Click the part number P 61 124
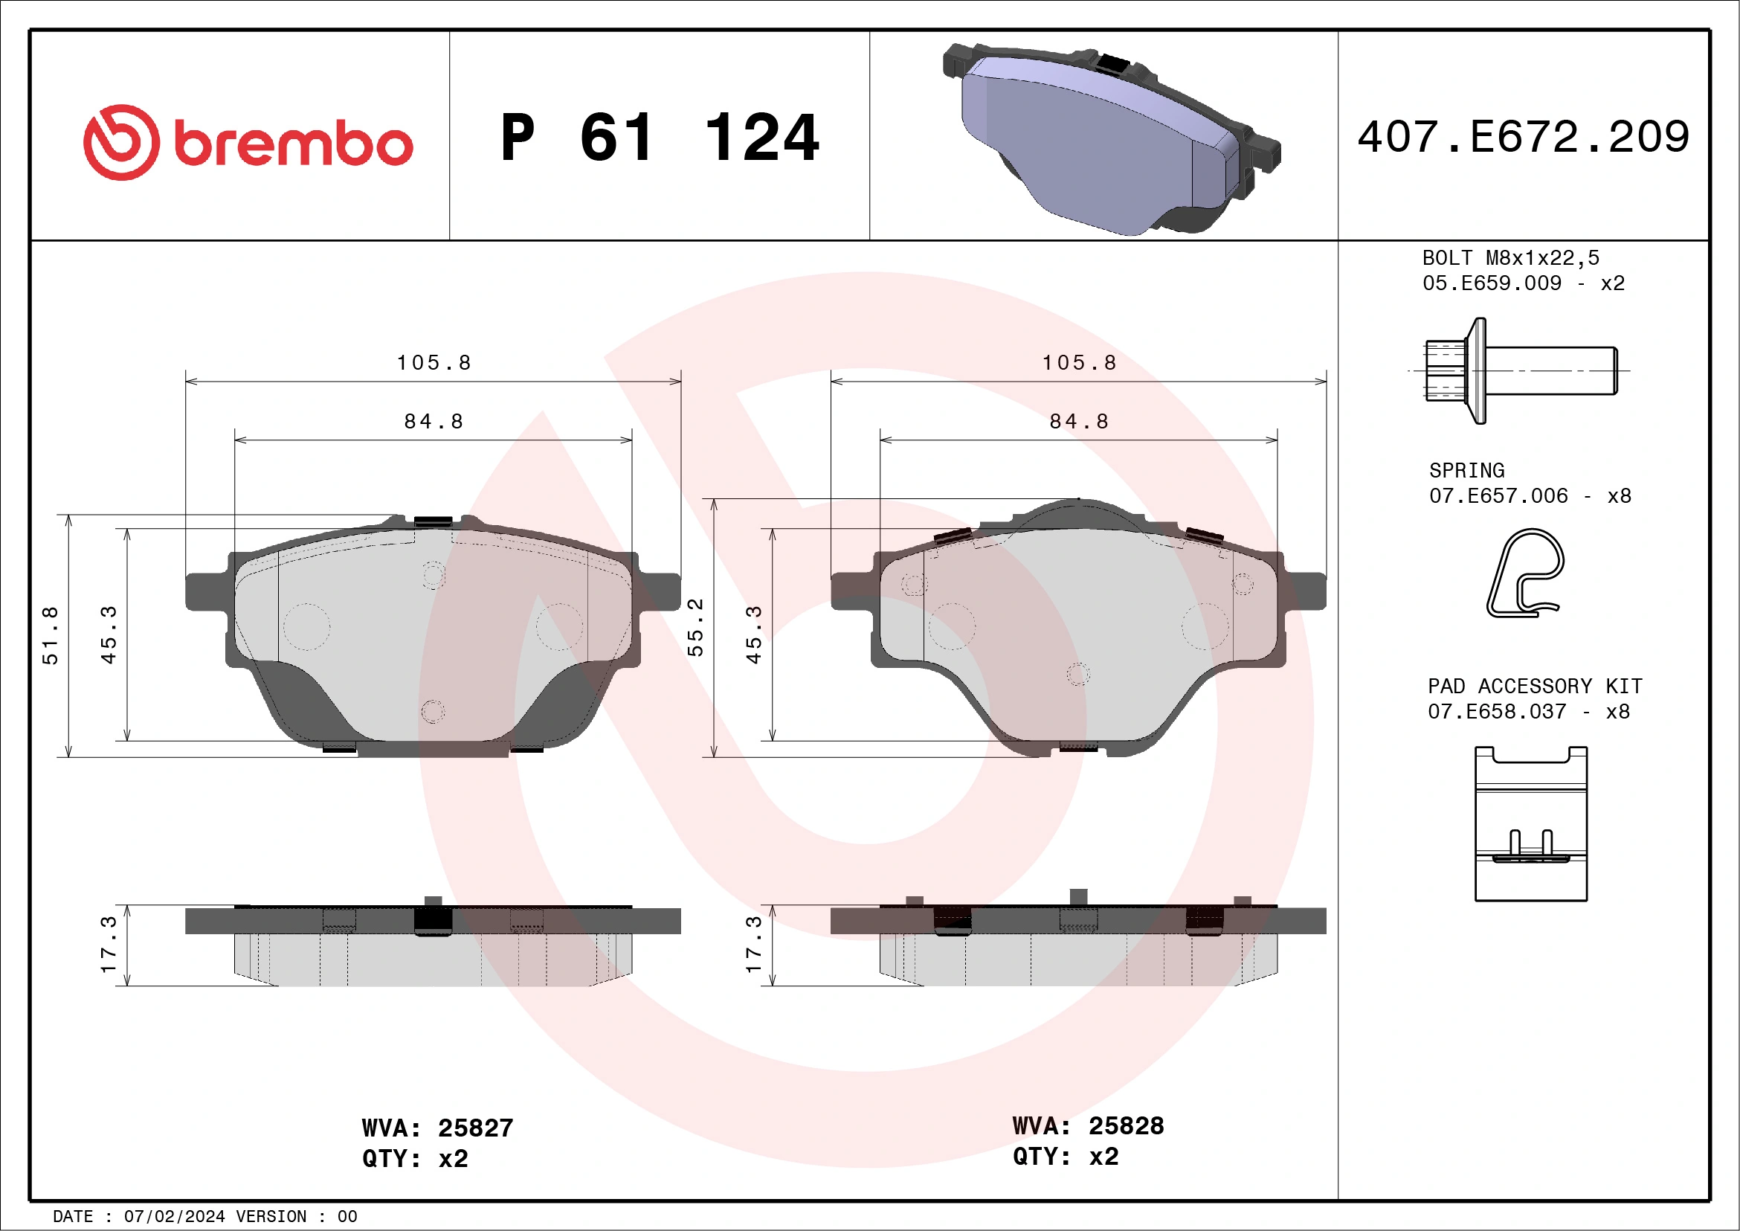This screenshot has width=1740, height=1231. (x=660, y=138)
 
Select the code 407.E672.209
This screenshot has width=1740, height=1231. (x=1524, y=138)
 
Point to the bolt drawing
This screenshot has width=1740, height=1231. (x=1519, y=370)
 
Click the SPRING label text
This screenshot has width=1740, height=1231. (x=1466, y=471)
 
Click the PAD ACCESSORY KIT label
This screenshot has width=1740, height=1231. (x=1535, y=687)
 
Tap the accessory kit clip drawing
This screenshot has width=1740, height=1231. (x=1531, y=824)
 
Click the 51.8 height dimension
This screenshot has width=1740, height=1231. (x=50, y=635)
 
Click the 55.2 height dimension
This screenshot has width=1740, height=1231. (x=695, y=628)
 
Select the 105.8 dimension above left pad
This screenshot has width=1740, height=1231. (x=434, y=363)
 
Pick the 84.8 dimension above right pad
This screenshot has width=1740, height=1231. (x=1078, y=422)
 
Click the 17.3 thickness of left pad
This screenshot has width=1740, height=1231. (x=109, y=945)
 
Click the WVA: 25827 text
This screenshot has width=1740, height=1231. (x=437, y=1128)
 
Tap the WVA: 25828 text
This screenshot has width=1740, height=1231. (x=1087, y=1126)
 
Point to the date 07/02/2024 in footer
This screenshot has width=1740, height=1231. (x=174, y=1217)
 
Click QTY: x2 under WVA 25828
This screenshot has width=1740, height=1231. (x=1065, y=1157)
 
